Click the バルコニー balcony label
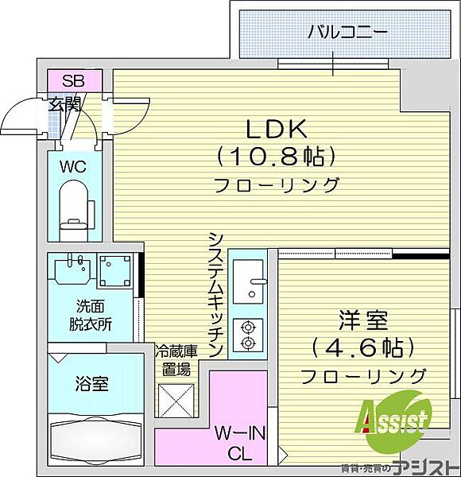click(347, 32)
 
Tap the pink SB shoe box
click(74, 80)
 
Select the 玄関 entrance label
click(64, 104)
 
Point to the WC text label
click(73, 167)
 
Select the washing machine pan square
click(115, 271)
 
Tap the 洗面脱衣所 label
click(90, 315)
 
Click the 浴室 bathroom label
click(91, 383)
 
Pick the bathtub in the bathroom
click(96, 438)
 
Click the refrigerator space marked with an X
click(176, 401)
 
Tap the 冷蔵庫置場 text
click(176, 360)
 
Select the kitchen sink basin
click(247, 281)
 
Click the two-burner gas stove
click(247, 335)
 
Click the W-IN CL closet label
click(240, 444)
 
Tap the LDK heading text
click(276, 130)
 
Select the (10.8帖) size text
click(276, 157)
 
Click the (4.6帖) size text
click(363, 347)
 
